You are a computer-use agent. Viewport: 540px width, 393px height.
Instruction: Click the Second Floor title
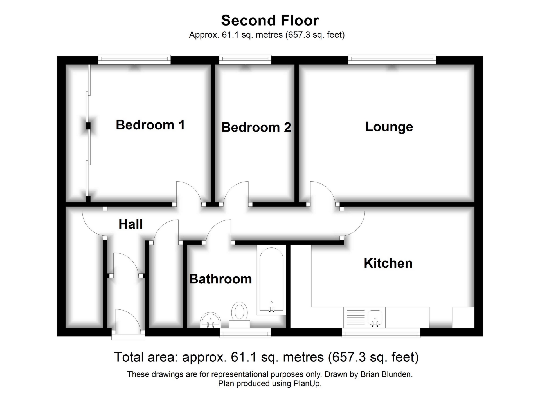[x=270, y=21]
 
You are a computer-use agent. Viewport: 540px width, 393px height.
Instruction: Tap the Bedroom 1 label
[x=150, y=125]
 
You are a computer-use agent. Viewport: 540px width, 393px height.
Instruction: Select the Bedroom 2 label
[x=256, y=127]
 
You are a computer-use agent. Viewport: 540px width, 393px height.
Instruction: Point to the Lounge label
[x=389, y=127]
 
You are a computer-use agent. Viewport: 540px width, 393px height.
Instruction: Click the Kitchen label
[x=388, y=264]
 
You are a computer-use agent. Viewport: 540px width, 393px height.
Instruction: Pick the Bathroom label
[x=220, y=279]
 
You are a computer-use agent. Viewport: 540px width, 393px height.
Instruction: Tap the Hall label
[x=130, y=224]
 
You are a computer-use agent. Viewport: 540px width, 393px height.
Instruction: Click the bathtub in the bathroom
[x=271, y=280]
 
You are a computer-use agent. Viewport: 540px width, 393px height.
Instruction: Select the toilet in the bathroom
[x=239, y=312]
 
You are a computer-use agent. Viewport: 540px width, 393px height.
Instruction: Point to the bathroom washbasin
[x=210, y=321]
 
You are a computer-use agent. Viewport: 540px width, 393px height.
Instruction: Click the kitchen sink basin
[x=375, y=318]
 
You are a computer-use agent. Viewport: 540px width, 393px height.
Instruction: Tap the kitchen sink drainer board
[x=355, y=317]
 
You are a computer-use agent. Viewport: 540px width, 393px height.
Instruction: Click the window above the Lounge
[x=392, y=59]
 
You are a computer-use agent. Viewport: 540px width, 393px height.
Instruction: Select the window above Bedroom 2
[x=245, y=59]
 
